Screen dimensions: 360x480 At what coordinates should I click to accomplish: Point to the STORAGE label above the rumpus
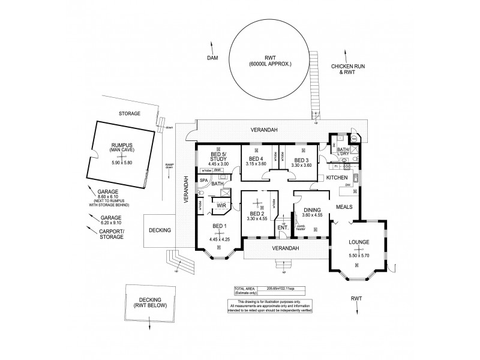tap(129, 113)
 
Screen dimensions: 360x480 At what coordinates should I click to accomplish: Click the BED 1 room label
tap(220, 226)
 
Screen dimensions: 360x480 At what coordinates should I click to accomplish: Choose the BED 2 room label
tap(256, 214)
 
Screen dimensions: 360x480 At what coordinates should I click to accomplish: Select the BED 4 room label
tap(256, 160)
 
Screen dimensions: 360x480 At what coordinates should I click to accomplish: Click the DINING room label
tap(312, 211)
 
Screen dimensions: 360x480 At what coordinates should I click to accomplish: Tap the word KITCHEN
tap(337, 178)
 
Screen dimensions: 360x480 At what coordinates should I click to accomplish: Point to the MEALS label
tap(352, 206)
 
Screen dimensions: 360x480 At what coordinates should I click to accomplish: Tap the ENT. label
tap(283, 227)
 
